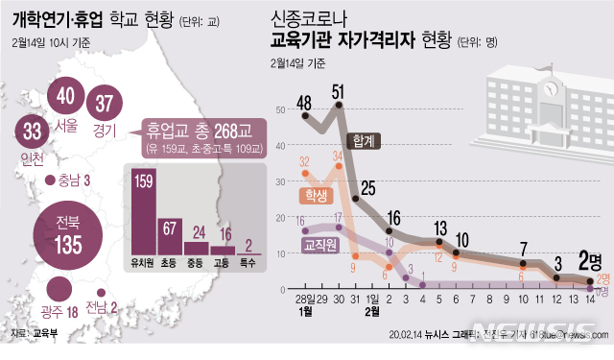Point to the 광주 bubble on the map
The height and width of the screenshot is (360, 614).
[x=59, y=291]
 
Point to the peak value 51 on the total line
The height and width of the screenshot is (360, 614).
[x=338, y=92]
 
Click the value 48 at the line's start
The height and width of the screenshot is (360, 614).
[x=305, y=102]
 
